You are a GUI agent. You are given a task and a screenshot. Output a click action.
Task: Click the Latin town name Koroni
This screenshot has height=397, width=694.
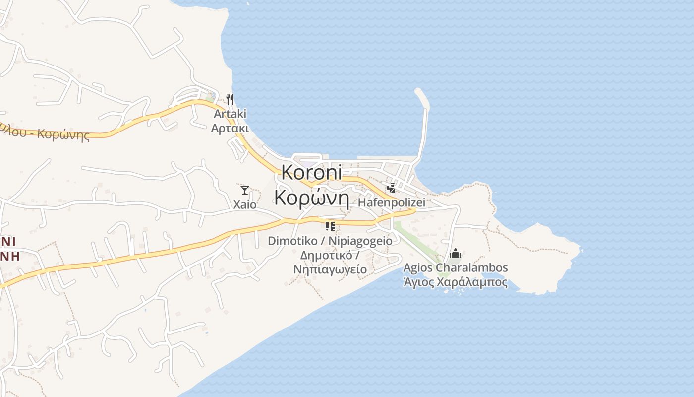coord(312,172)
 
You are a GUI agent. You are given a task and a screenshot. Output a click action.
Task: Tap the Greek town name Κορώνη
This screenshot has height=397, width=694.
coord(312,198)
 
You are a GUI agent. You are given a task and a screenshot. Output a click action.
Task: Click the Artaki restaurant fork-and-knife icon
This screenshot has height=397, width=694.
coord(230,99)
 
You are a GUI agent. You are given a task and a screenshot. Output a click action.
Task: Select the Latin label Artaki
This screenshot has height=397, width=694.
coord(230,114)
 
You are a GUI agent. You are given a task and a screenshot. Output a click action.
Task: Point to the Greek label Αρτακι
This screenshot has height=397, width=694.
coord(230,128)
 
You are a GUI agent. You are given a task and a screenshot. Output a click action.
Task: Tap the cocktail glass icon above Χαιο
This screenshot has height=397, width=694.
coord(244,190)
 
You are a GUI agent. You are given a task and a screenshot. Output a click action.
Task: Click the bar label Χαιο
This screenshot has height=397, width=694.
coord(245,204)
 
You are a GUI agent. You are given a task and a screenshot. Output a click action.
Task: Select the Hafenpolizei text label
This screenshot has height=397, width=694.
coord(392,202)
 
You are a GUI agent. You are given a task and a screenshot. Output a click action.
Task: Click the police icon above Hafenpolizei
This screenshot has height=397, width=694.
coord(392,188)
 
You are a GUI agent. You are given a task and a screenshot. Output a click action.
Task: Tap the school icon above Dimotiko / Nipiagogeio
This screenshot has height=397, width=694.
coord(330,226)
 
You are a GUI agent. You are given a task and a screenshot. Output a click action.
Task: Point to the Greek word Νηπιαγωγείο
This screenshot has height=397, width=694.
coord(330,269)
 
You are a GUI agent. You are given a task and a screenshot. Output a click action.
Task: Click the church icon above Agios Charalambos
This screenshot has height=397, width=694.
coord(455,254)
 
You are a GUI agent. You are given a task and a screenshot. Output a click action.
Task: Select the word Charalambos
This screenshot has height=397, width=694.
coord(472,268)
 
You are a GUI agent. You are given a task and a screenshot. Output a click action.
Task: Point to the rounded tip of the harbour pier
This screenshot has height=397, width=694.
coord(419,92)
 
